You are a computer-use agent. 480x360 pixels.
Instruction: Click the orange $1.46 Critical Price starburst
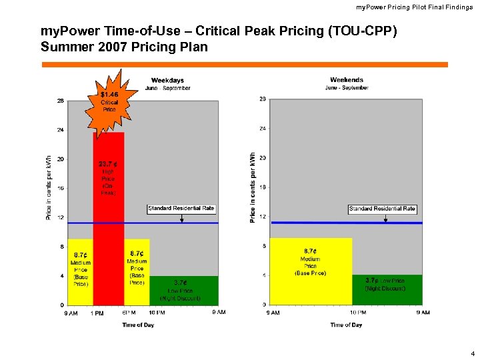click(x=109, y=101)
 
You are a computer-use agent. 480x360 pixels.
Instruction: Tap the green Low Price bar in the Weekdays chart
click(x=183, y=290)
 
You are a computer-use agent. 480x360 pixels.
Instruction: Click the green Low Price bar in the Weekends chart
click(x=387, y=289)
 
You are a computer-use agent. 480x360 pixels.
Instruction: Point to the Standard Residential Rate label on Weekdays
click(x=181, y=209)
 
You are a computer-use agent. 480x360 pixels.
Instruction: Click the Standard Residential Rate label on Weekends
click(x=382, y=209)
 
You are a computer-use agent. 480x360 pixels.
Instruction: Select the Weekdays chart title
click(x=167, y=81)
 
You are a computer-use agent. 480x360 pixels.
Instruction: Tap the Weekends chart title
click(x=347, y=80)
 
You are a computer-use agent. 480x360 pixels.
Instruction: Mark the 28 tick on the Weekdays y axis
click(x=61, y=101)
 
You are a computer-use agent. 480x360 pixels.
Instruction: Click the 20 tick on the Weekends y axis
click(x=263, y=158)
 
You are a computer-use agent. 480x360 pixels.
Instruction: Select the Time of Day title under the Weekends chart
click(x=346, y=325)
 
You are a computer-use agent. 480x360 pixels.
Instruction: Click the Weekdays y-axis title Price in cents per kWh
click(x=49, y=189)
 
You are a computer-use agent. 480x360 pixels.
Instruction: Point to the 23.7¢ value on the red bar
click(x=109, y=164)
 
